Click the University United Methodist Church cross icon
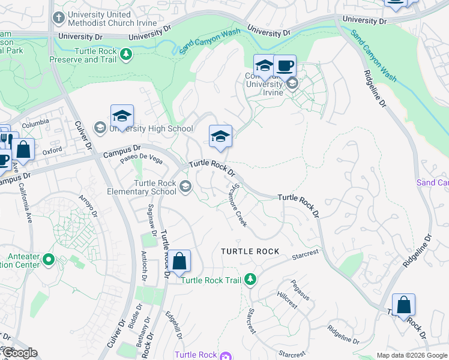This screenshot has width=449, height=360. pyautogui.click(x=58, y=17)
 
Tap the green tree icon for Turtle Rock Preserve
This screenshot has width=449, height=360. pyautogui.click(x=126, y=55)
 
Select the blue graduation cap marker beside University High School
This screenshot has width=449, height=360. pyautogui.click(x=122, y=116)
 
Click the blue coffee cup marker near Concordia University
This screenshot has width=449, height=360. pyautogui.click(x=285, y=66)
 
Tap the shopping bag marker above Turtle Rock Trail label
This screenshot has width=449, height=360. pyautogui.click(x=179, y=262)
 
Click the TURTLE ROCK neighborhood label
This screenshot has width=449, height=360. pyautogui.click(x=250, y=251)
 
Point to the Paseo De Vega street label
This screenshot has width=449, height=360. pyautogui.click(x=141, y=159)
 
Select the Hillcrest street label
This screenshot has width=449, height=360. pyautogui.click(x=287, y=299)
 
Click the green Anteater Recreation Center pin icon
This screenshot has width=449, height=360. pyautogui.click(x=49, y=260)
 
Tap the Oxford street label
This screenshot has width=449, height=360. pyautogui.click(x=52, y=152)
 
